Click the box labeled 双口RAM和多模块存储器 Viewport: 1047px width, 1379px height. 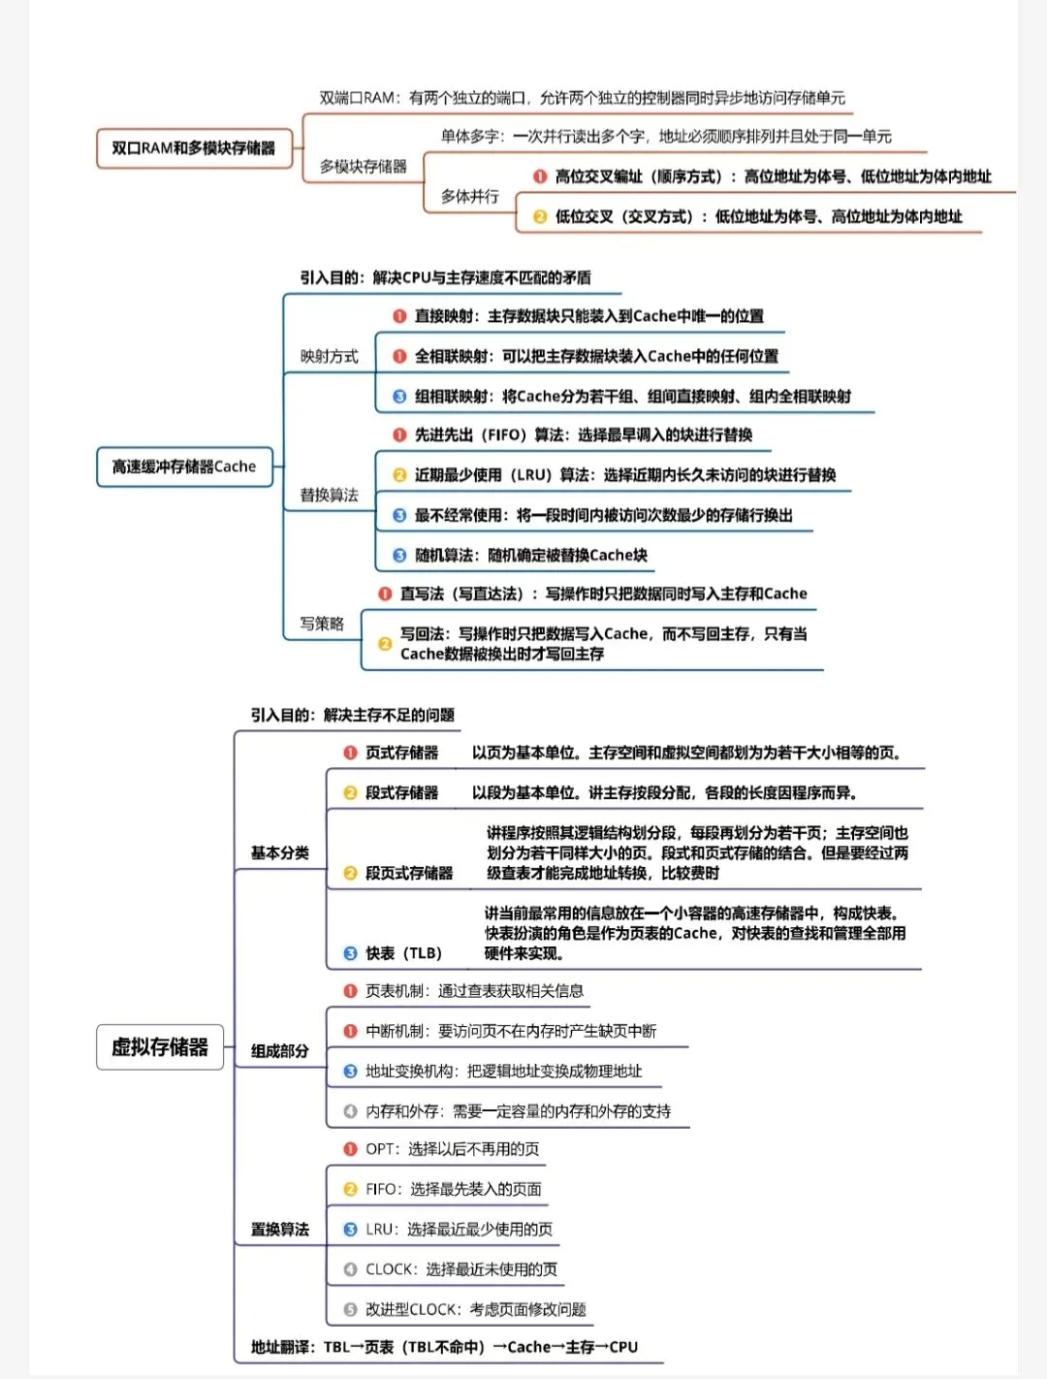click(194, 148)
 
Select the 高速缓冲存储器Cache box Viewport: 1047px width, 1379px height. click(184, 466)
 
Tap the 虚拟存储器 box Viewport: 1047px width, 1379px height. click(160, 1047)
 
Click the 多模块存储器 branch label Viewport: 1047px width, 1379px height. click(364, 167)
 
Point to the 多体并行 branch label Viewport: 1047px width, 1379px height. click(470, 197)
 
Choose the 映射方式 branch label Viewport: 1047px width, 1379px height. click(329, 357)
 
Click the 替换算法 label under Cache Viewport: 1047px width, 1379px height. click(329, 496)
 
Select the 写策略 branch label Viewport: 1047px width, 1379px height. click(322, 624)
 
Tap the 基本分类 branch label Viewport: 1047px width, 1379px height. click(280, 853)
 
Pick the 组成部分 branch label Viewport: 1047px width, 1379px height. click(280, 1051)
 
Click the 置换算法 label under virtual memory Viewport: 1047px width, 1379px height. click(280, 1230)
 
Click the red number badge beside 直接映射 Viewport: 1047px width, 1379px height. click(399, 316)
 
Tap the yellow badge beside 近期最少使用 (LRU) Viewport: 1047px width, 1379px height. click(399, 475)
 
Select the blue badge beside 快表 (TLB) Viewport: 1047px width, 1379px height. click(350, 953)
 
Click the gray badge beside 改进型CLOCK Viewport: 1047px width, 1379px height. click(350, 1309)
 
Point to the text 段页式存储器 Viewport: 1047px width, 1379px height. click(409, 873)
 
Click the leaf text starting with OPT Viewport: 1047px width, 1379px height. click(452, 1149)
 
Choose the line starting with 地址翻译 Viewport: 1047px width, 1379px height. click(444, 1347)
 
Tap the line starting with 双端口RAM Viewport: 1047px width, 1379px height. click(582, 98)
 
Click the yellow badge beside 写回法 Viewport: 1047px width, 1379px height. click(385, 644)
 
